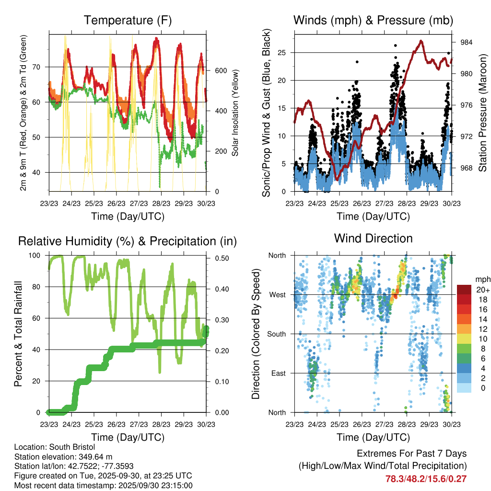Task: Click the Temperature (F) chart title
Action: (x=127, y=21)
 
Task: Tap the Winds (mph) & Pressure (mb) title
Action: (x=373, y=21)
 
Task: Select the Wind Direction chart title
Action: (x=373, y=238)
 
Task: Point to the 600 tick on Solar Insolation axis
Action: (x=221, y=70)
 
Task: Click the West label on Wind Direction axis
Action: (x=278, y=294)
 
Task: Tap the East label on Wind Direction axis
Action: (x=279, y=373)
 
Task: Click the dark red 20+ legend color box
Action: (x=464, y=290)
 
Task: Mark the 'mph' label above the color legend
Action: (x=482, y=280)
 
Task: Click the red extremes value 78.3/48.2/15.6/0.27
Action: (x=426, y=479)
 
